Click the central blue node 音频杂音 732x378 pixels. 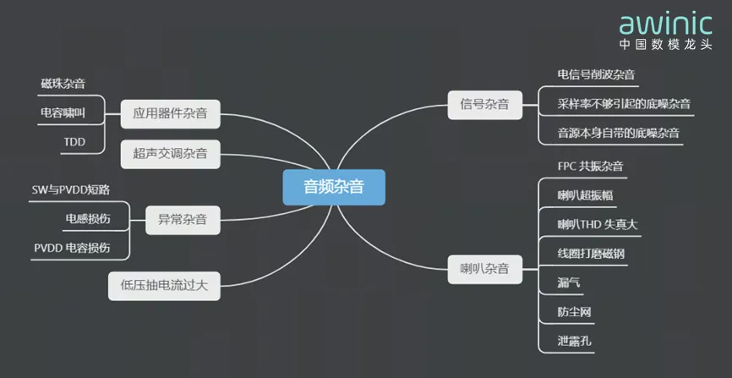coord(334,188)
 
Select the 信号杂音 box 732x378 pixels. coord(484,105)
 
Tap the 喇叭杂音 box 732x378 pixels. coord(484,270)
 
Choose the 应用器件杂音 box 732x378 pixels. coord(170,113)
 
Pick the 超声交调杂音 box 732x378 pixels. coord(170,154)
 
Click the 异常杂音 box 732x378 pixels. coord(183,220)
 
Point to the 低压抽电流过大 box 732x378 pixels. coord(164,286)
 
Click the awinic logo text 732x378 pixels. coord(666,24)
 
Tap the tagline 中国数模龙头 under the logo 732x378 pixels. coord(666,45)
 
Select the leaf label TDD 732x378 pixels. coord(74,142)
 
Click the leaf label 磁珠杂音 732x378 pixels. coord(63,84)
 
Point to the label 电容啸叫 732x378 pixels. coord(63,113)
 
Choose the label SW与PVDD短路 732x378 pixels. coord(71,189)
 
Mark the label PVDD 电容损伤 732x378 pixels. coord(73,248)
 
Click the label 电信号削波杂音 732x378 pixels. coord(596,74)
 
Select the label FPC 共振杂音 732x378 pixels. coord(590,167)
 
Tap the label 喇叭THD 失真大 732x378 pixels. coord(598,225)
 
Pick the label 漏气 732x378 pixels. coord(569,282)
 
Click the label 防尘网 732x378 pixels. coord(574,312)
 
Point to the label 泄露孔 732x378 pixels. coord(574,341)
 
